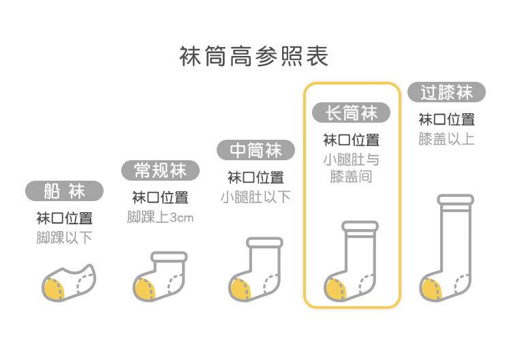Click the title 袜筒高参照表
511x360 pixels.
click(254, 56)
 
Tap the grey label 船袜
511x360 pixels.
click(65, 191)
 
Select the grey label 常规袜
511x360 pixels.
click(161, 170)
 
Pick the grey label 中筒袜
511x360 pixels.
click(255, 150)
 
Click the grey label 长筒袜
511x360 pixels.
click(351, 112)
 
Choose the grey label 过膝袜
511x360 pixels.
click(446, 92)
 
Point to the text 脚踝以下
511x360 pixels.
click(65, 238)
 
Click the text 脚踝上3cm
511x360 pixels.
click(161, 217)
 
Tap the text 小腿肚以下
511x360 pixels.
click(255, 197)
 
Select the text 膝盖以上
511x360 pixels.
click(446, 139)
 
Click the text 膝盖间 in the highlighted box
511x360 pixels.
click(351, 177)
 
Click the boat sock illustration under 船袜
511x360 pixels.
click(68, 281)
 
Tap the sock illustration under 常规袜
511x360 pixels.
click(161, 276)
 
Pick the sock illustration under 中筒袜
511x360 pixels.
click(255, 270)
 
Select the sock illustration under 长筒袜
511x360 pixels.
click(351, 262)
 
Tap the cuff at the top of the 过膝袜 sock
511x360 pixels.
click(455, 200)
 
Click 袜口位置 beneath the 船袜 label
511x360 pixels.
click(65, 218)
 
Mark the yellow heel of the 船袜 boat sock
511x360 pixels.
click(52, 288)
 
